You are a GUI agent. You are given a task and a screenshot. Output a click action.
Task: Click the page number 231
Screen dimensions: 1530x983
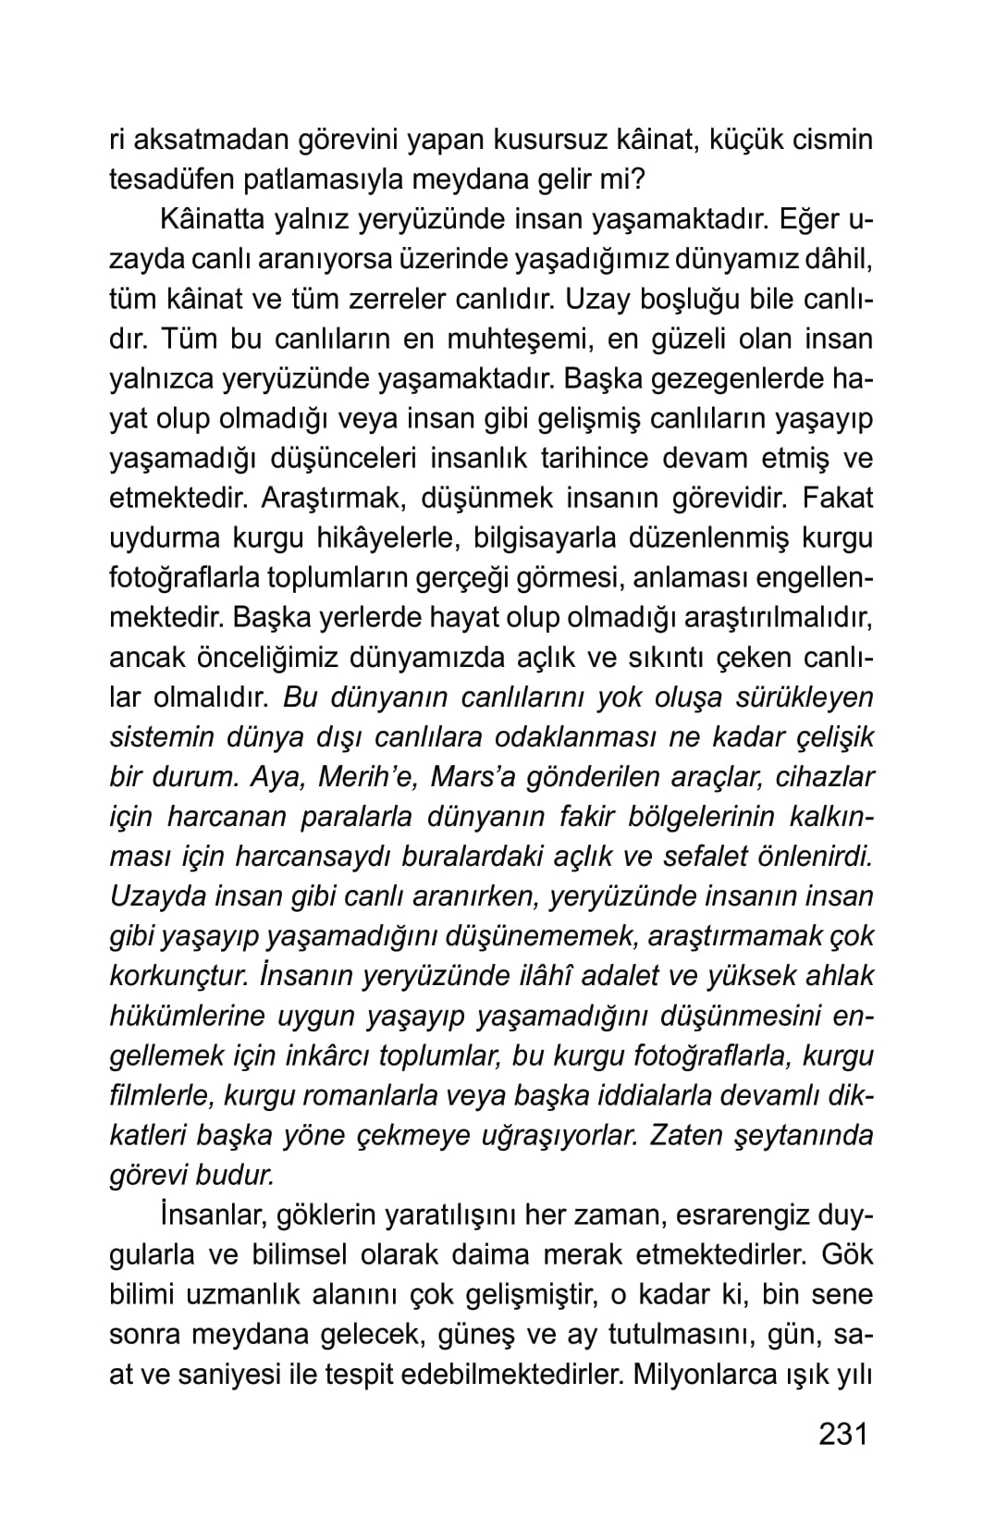[x=843, y=1434]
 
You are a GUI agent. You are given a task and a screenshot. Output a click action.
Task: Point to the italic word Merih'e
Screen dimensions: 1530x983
[x=367, y=777]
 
